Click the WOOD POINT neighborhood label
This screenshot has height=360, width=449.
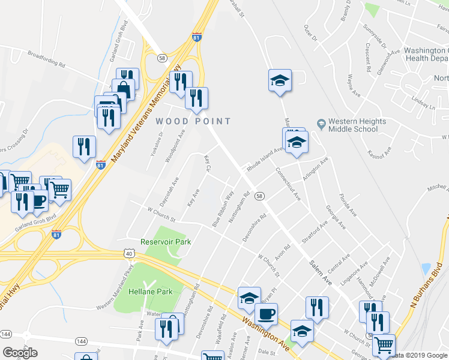tap(193, 121)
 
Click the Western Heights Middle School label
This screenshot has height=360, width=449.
tap(357, 125)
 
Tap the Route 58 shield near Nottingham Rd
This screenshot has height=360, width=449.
tap(259, 196)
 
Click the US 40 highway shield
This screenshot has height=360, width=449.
tap(129, 254)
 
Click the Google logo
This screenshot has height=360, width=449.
tap(20, 353)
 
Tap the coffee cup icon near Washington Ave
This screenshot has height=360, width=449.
tap(266, 313)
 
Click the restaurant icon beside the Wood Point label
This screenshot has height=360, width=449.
tap(196, 98)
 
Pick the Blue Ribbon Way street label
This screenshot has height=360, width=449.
tap(222, 209)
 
